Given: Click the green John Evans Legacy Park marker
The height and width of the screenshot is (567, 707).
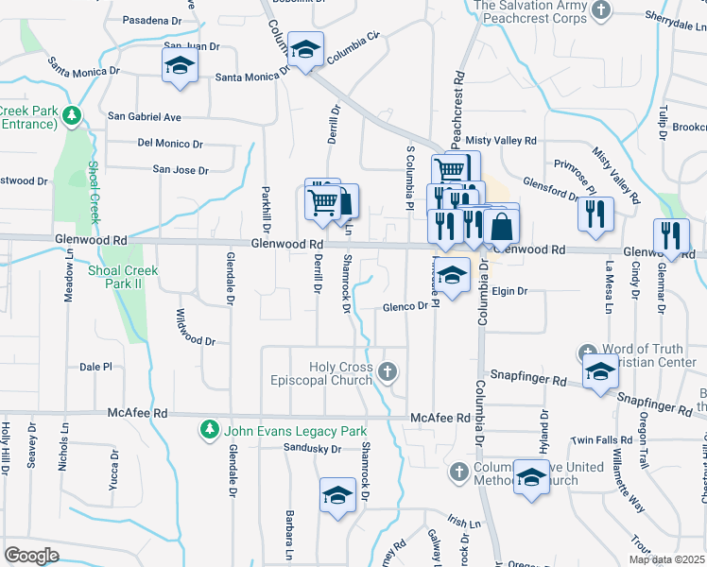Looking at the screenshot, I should coord(210,431).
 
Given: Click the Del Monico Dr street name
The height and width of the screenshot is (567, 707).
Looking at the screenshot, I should coord(170,144).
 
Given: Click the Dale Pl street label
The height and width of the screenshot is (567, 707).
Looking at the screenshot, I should coord(96,367).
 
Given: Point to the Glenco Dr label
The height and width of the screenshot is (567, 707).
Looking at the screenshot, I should coord(405,306).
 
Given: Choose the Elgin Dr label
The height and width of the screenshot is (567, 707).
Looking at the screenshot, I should coord(509,291).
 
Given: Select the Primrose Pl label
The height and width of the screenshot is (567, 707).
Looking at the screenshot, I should coord(573,172).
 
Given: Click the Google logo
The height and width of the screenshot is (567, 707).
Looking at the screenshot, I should coord(31,556).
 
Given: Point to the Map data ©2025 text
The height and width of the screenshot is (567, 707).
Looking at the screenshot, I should coord(666,559).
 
